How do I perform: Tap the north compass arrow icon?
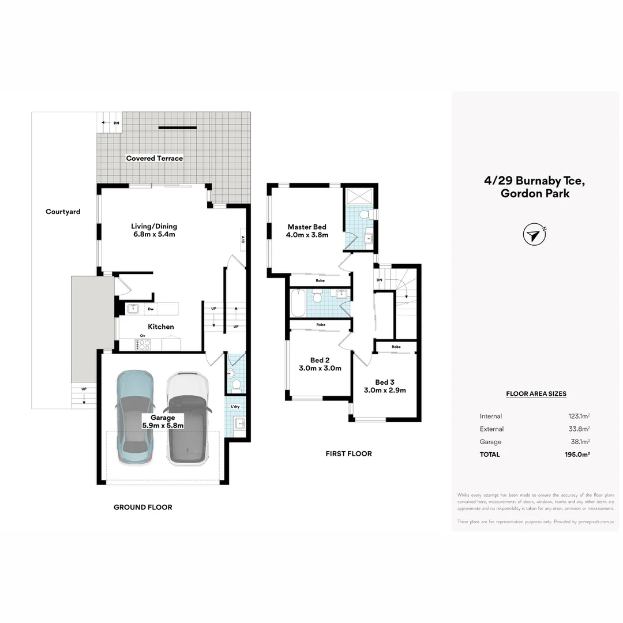click(x=534, y=235)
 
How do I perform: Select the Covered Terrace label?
click(x=155, y=158)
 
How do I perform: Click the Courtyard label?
click(x=63, y=212)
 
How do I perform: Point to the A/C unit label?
click(x=243, y=239)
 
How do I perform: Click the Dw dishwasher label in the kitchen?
click(x=150, y=309)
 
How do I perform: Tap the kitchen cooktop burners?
click(x=143, y=345)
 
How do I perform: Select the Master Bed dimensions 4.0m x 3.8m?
click(x=307, y=235)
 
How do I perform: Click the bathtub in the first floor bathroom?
click(x=298, y=303)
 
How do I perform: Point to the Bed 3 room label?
click(x=385, y=382)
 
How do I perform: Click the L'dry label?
click(x=235, y=407)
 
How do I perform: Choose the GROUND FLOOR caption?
click(x=142, y=507)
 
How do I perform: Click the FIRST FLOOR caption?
click(x=348, y=453)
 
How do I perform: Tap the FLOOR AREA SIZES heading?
click(x=536, y=394)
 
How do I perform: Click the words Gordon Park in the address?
click(x=535, y=194)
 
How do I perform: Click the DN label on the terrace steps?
click(x=116, y=123)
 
